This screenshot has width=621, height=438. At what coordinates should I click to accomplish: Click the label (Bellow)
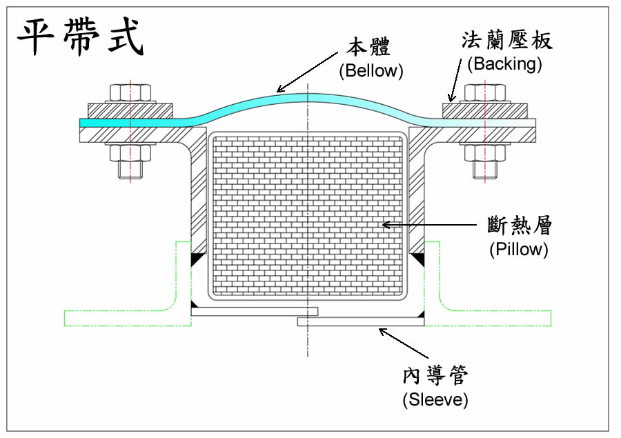(371, 70)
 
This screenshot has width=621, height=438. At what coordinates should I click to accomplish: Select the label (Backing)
(504, 64)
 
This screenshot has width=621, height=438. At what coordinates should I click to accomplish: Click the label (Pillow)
(518, 249)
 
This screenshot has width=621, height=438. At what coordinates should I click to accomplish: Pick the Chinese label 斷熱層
(519, 226)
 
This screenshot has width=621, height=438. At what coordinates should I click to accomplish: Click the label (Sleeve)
(435, 399)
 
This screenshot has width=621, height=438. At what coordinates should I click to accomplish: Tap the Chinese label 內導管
(436, 376)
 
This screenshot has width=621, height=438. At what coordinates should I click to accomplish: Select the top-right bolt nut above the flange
(485, 93)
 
